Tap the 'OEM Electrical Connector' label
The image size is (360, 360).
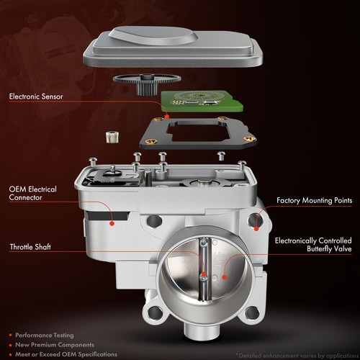(32, 194)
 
